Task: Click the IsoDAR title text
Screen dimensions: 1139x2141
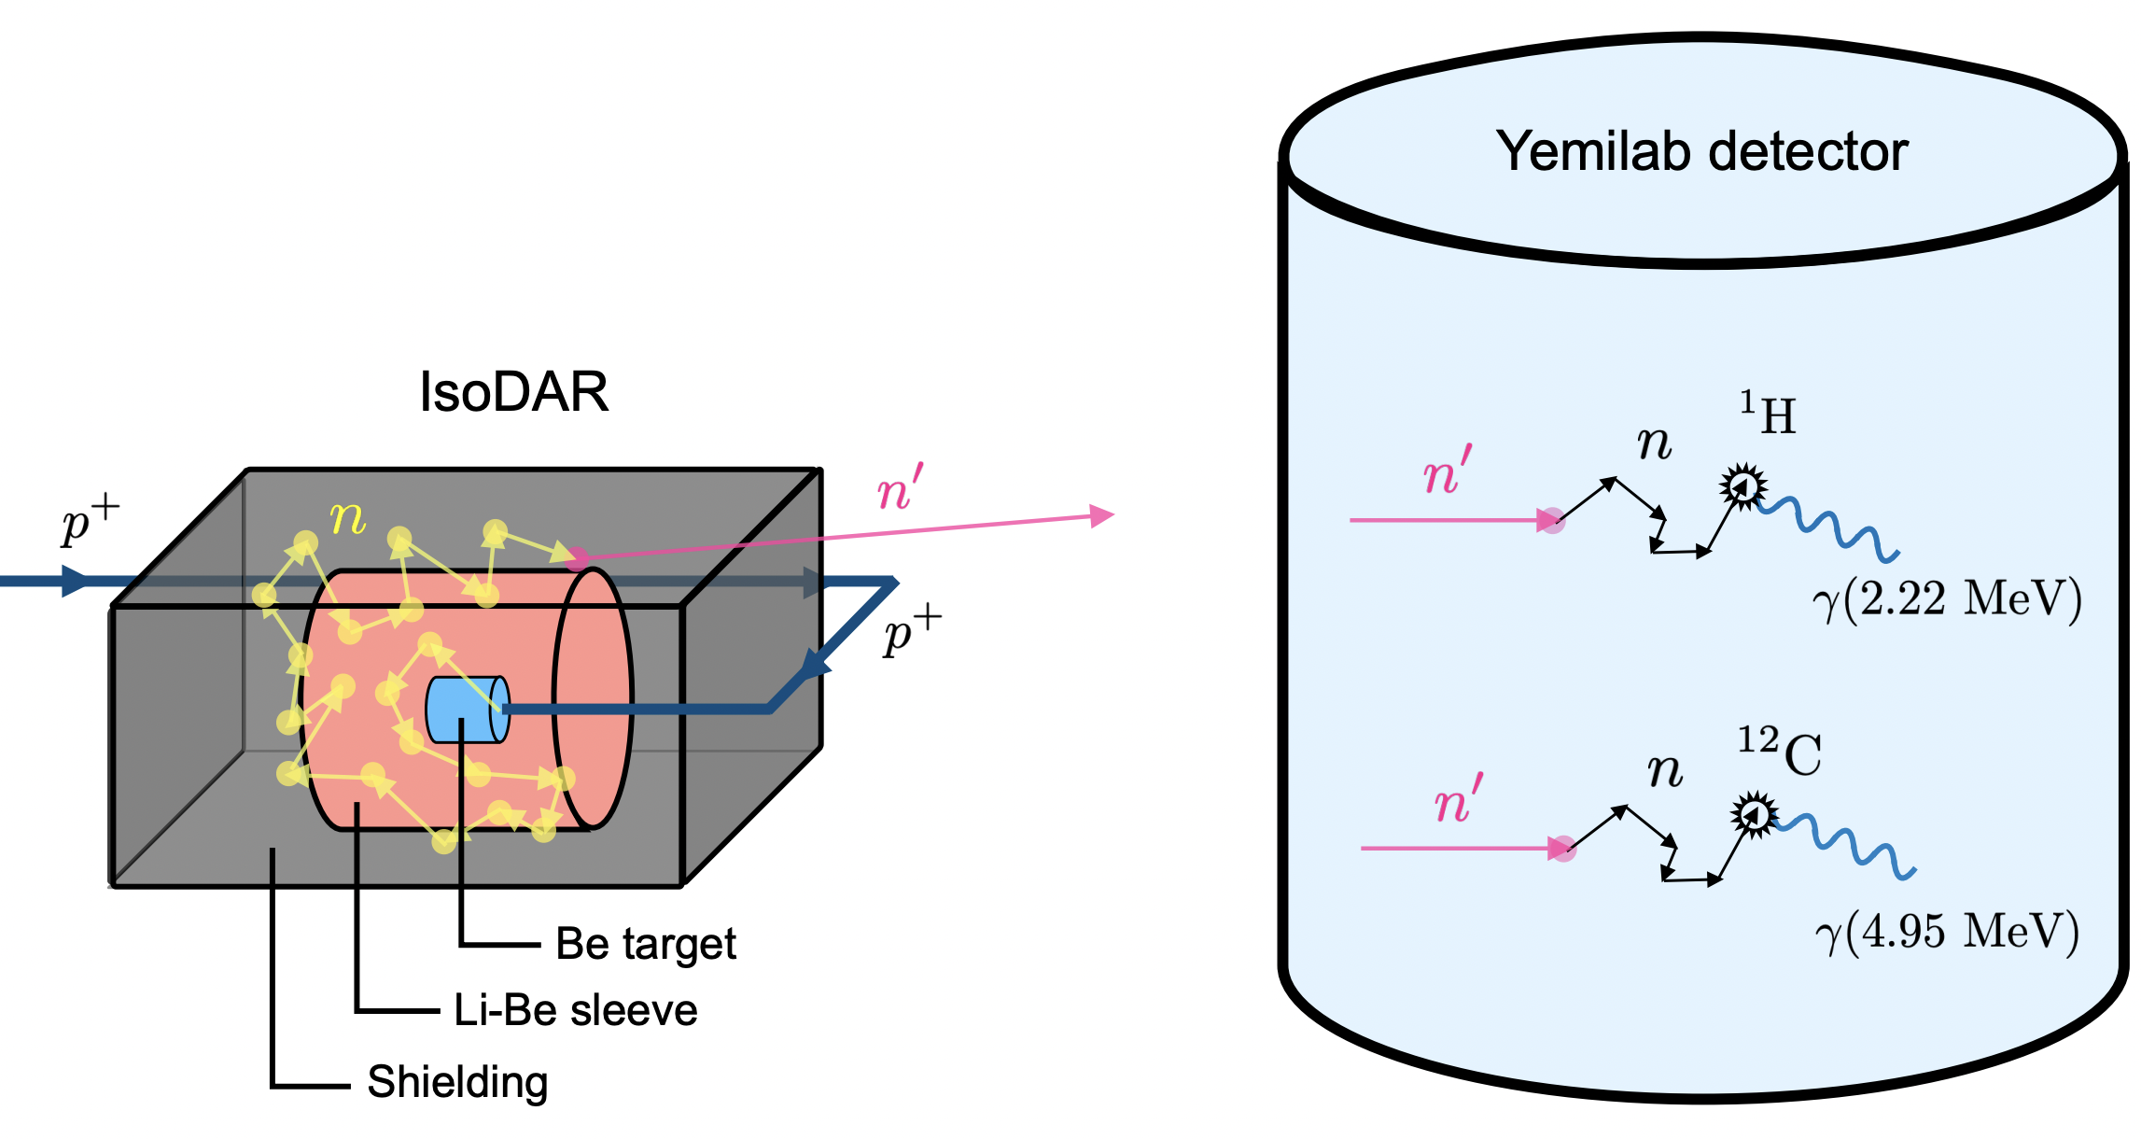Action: coord(513,391)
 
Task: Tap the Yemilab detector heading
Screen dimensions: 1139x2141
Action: coord(1700,150)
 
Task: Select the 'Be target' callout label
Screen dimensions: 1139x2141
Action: coord(645,944)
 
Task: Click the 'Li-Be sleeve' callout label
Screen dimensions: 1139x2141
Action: coord(575,1010)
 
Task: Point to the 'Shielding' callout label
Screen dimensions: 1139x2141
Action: coord(457,1082)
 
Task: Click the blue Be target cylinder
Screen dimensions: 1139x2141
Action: coord(465,710)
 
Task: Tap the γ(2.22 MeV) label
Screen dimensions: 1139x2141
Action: coord(1947,599)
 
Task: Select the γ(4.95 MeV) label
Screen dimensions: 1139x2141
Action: coord(1947,932)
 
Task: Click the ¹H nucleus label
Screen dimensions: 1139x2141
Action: coord(1768,414)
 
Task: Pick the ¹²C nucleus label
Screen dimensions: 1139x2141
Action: coord(1779,752)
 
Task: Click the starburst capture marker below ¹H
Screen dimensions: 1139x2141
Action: coord(1742,485)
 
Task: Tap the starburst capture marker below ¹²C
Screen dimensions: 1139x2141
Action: coord(1755,815)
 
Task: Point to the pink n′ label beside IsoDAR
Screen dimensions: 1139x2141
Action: coord(900,488)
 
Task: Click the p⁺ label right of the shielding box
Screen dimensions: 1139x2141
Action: coord(912,631)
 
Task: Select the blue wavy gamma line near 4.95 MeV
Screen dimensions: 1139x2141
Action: coord(1843,845)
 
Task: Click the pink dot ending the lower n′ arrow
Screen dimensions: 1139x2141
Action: coord(1563,849)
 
